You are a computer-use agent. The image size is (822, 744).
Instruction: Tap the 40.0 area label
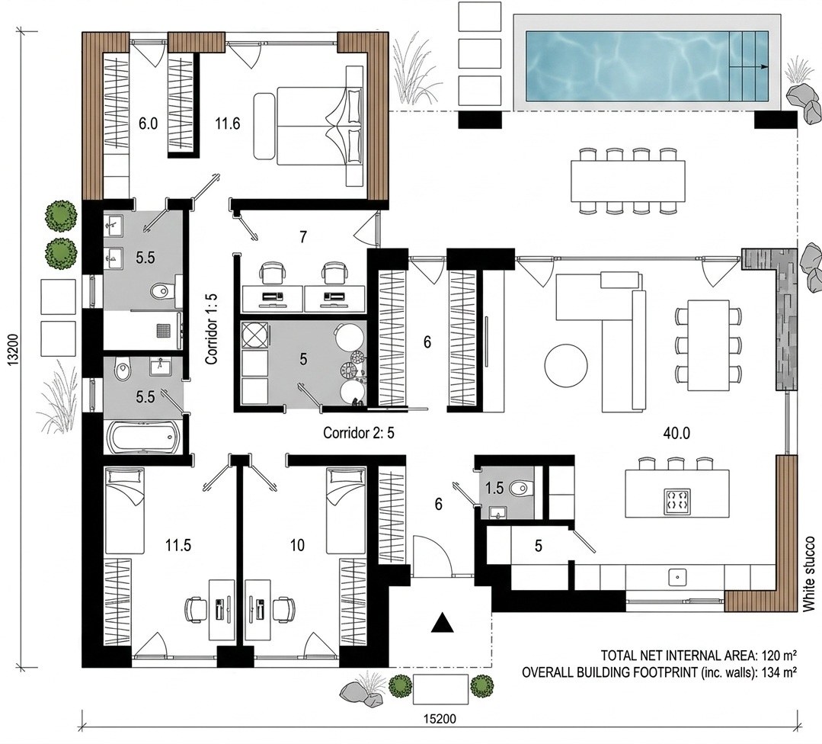(676, 434)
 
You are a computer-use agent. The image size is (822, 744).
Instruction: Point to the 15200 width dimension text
(440, 719)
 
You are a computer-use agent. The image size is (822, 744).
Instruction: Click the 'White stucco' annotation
(809, 573)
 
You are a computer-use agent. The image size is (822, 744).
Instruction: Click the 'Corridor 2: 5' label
(359, 433)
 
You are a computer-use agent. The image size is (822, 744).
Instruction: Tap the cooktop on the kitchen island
(677, 501)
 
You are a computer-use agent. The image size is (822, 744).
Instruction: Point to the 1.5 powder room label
(494, 489)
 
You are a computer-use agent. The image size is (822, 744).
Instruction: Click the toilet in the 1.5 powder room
(520, 489)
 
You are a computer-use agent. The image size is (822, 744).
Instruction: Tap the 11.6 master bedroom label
(228, 123)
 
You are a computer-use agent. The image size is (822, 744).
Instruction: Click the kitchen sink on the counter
(677, 577)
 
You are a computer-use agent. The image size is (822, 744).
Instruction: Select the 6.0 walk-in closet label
(148, 123)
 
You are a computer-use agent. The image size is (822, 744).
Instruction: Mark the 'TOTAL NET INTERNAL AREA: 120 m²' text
(699, 656)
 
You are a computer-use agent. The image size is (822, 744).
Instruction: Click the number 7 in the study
(303, 237)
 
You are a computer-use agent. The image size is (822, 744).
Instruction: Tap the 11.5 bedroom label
(178, 546)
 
